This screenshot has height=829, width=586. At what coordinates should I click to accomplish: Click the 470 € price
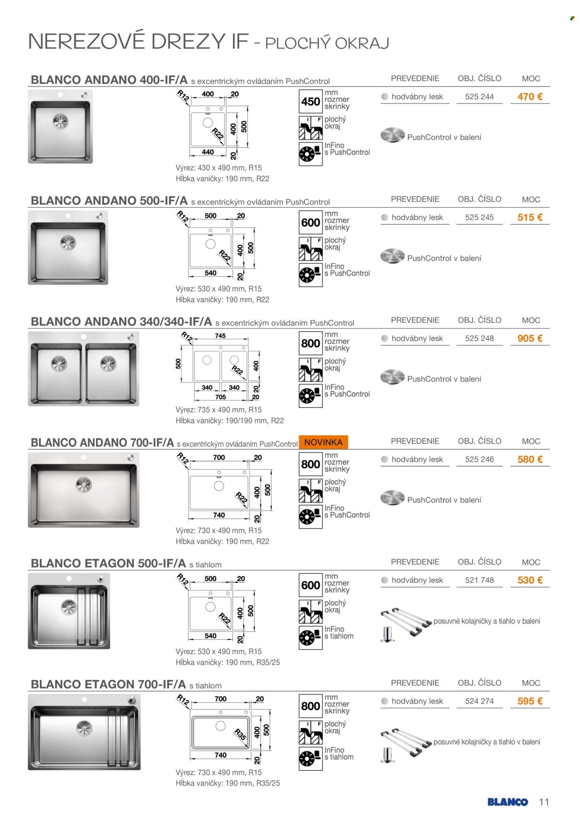530,97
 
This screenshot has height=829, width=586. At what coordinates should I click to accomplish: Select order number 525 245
479,218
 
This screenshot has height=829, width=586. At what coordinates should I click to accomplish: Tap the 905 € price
530,339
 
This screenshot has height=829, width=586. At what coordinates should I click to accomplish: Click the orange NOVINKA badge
323,442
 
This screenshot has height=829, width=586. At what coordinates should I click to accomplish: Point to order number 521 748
479,580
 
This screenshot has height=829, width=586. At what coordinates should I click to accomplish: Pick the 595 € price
530,701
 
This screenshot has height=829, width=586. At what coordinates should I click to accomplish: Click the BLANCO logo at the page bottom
508,802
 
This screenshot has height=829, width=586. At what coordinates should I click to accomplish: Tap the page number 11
544,802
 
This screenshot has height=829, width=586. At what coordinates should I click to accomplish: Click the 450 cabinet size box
311,102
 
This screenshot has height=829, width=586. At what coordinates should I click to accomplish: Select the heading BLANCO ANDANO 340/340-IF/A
121,322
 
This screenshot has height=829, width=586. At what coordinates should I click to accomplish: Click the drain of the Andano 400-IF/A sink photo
60,121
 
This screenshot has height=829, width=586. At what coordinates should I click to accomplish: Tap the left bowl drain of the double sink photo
59,363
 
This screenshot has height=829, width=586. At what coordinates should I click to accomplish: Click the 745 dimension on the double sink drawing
220,336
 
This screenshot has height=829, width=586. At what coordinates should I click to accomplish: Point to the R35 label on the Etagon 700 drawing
240,734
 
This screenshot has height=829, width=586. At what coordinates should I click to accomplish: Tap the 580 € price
530,460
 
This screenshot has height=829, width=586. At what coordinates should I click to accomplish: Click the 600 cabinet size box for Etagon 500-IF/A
311,585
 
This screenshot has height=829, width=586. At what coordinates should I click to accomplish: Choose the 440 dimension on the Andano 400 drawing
208,152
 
